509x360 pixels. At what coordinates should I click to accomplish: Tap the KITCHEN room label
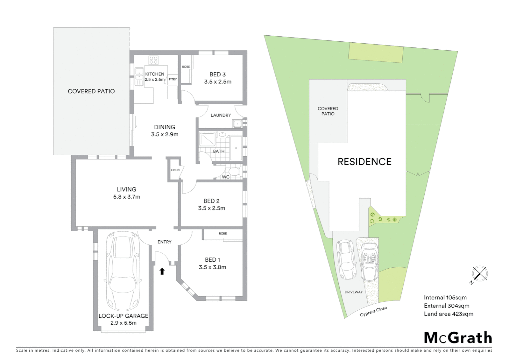coord(155,74)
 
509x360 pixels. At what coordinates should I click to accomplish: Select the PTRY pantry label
coord(173,79)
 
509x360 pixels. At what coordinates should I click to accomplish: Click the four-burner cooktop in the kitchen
coord(154,60)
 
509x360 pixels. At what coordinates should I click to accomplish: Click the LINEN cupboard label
coord(175,170)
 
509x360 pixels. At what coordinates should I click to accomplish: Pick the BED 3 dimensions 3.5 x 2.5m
coord(218,82)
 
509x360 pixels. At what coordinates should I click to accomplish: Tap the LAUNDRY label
coord(221,115)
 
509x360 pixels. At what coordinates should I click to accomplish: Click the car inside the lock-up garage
coord(123,272)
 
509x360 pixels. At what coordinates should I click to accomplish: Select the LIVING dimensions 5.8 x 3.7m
coord(127,197)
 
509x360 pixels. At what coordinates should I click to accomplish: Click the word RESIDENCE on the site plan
coord(364,162)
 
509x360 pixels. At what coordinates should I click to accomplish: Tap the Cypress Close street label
coord(373,312)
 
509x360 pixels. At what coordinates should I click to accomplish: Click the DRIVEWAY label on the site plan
coord(353,292)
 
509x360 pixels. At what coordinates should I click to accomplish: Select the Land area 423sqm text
coord(448,314)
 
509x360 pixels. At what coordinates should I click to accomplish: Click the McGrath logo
coord(458,338)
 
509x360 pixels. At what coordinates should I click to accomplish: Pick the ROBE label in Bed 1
coord(223,234)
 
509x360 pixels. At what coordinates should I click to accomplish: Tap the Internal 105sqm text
coord(445,298)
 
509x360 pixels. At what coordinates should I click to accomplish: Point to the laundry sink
coord(238,124)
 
